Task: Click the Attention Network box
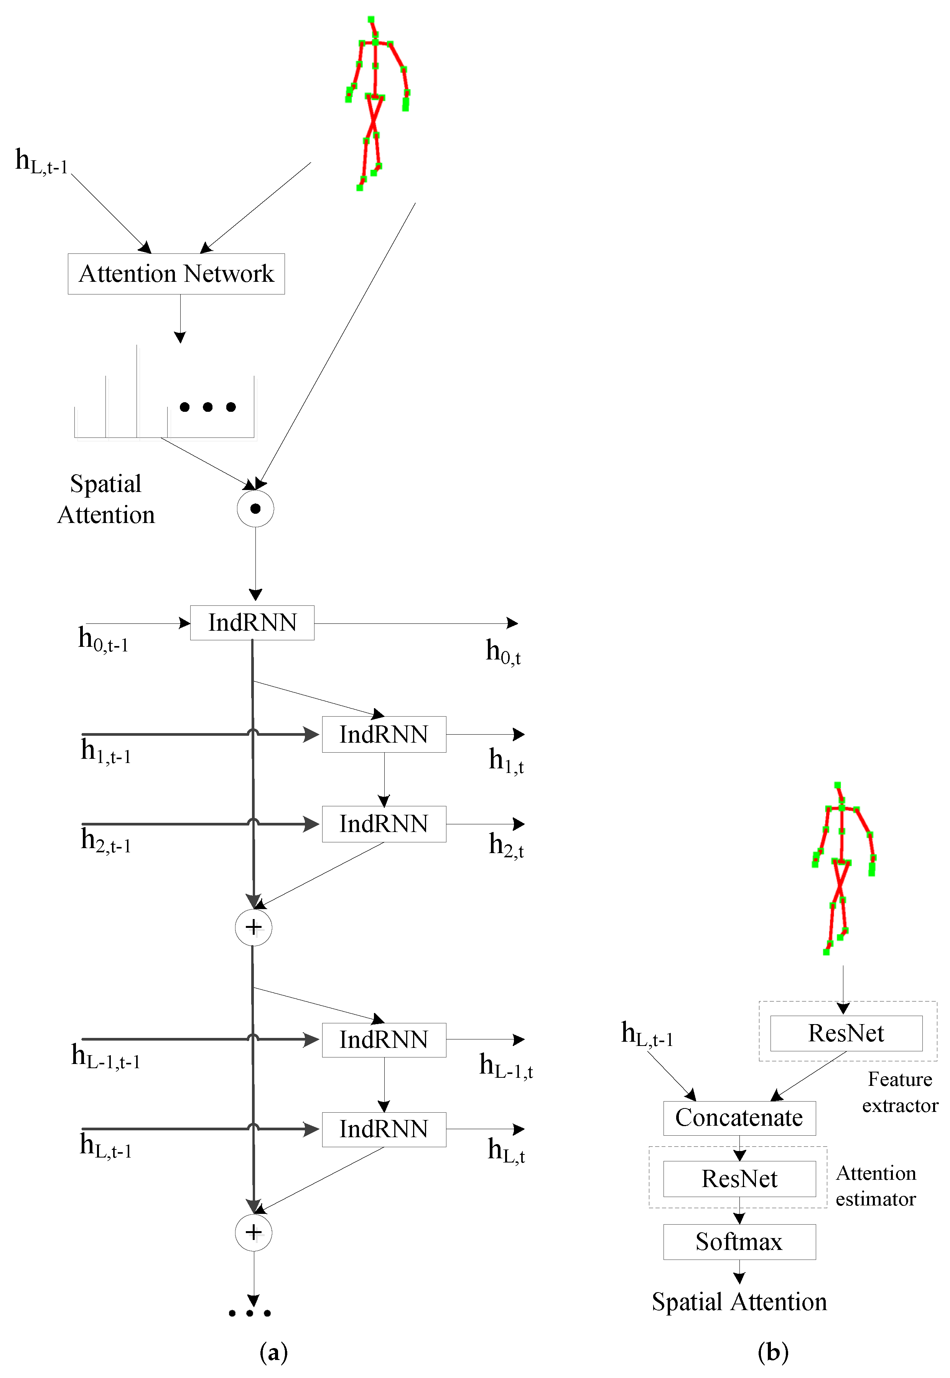[176, 274]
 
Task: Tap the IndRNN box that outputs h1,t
[384, 734]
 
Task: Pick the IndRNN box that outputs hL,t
[384, 1129]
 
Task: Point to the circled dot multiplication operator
[255, 509]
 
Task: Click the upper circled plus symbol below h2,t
[254, 927]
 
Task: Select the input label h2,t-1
[105, 841]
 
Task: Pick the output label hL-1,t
[505, 1066]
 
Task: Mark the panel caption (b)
[773, 1352]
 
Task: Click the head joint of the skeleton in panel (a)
[371, 20]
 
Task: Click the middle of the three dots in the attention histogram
[208, 407]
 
